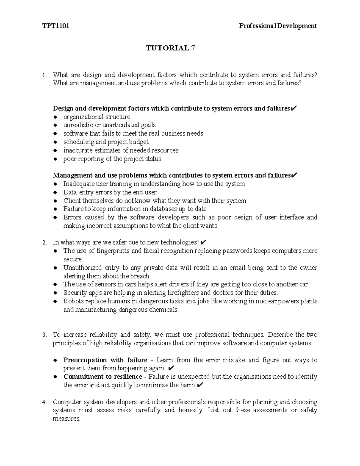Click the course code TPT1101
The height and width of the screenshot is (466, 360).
coord(56,26)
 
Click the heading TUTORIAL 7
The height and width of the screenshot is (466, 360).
coord(170,48)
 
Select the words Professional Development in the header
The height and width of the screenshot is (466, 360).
coord(278,26)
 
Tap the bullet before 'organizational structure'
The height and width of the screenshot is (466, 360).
coord(55,117)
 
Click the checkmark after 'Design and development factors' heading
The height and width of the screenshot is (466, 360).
coord(294,108)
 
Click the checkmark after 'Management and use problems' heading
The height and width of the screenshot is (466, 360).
coord(294,175)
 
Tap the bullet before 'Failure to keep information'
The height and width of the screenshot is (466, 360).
coord(55,209)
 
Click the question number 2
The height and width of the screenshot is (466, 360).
coord(44,242)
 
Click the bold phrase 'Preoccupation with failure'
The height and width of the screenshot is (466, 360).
coord(105,360)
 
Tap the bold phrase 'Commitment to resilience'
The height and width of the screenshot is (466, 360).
coord(103,377)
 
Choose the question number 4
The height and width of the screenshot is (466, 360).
coord(44,402)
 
